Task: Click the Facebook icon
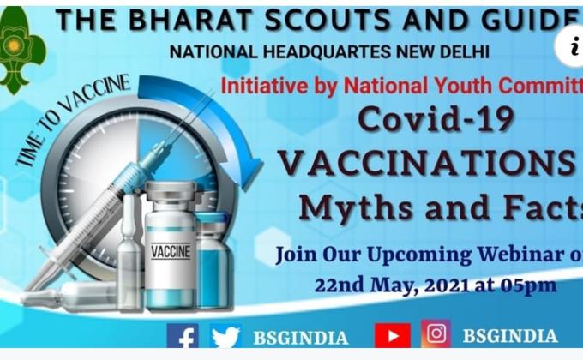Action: [183, 335]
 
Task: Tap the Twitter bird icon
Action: [225, 336]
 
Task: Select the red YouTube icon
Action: [392, 335]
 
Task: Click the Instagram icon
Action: [436, 334]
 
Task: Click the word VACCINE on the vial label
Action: [171, 252]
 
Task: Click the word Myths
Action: [350, 207]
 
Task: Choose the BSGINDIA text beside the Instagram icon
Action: [509, 336]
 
